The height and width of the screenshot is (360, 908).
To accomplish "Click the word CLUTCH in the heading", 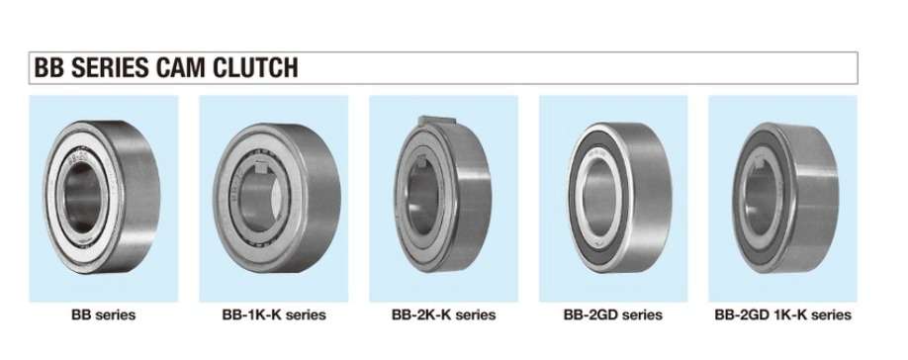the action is pos(255,67).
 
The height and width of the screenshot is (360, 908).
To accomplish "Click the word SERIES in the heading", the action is pos(110,67).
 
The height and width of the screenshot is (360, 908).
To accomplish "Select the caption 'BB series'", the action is pos(104,315).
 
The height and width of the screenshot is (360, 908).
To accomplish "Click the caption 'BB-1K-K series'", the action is pos(274,315).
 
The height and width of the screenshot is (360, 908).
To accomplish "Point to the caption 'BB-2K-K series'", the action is pos(443,315).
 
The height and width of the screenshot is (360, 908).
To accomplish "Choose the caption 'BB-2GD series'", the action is pos(612,315).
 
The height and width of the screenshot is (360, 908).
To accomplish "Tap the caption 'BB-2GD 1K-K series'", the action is pos(783,315).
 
